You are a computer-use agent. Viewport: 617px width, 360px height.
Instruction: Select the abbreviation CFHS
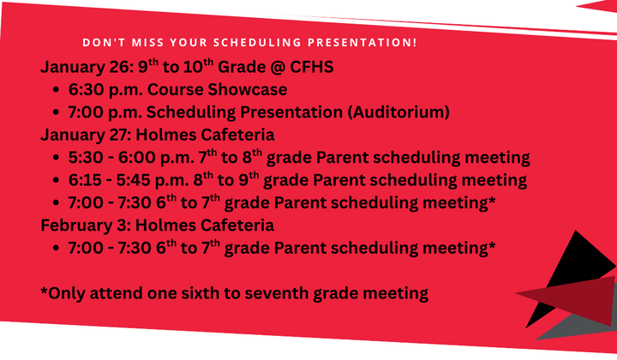click(x=310, y=68)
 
